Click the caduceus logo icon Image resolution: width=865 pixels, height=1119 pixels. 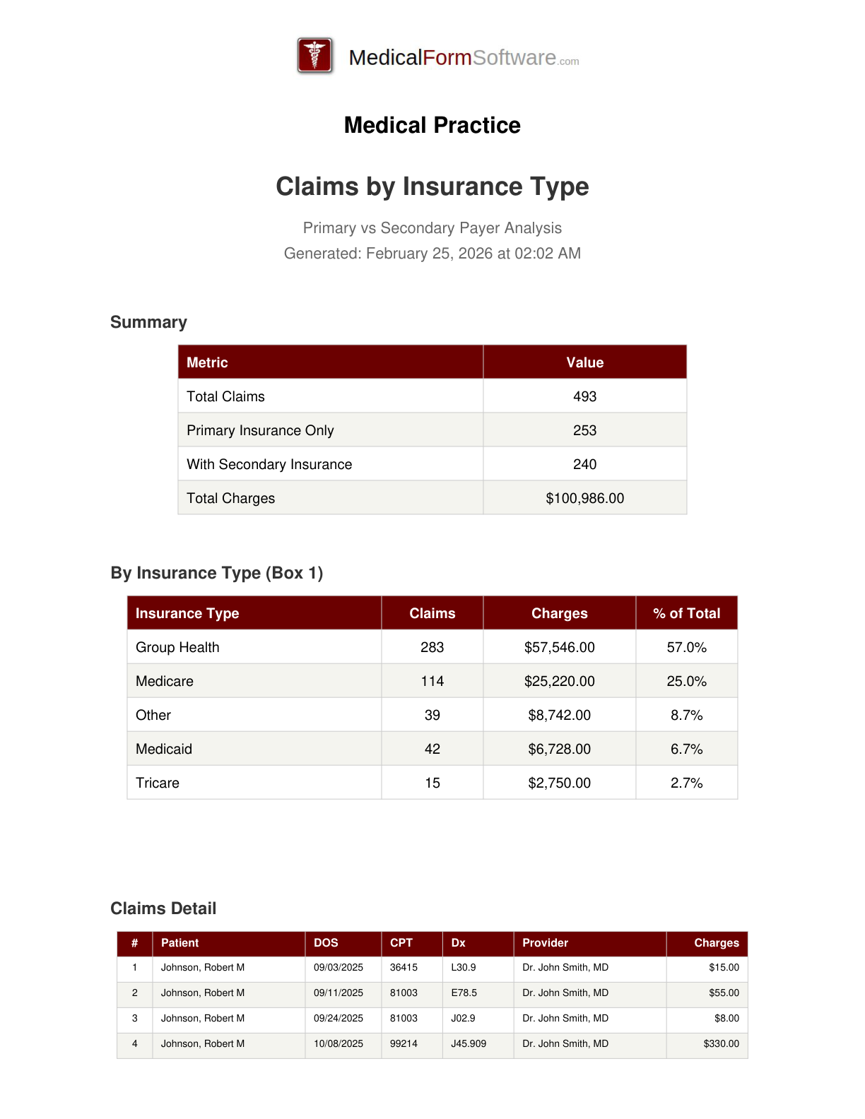pos(315,56)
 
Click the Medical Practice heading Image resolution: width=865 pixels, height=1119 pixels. pos(432,125)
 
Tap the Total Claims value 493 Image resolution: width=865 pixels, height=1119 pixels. pos(584,396)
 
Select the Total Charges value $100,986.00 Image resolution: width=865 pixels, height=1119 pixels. pos(584,498)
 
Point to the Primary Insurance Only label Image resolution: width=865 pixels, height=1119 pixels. pos(260,430)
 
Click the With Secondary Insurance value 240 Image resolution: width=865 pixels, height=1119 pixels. pos(584,464)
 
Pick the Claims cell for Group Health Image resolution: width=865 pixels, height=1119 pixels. pos(432,647)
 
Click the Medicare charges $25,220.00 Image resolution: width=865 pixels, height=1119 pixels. pos(559,681)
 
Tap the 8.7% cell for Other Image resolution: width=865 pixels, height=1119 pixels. pos(686,715)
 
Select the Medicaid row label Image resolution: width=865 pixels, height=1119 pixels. pos(164,749)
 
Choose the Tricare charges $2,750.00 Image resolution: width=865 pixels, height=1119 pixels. pos(559,783)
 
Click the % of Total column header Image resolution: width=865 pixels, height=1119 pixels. pos(686,613)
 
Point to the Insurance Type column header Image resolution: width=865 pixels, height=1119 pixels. pos(187,613)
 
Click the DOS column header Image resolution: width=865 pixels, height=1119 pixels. pos(326,943)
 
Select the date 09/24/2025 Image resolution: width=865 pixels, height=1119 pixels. pos(339,1018)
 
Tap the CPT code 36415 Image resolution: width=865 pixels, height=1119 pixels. pos(404,967)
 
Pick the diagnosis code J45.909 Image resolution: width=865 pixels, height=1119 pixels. pos(469,1043)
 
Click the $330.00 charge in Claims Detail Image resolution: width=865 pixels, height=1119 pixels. pos(721,1043)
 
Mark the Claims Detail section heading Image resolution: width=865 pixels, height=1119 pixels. pos(163,908)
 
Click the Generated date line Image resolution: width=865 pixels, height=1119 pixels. pos(432,254)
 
